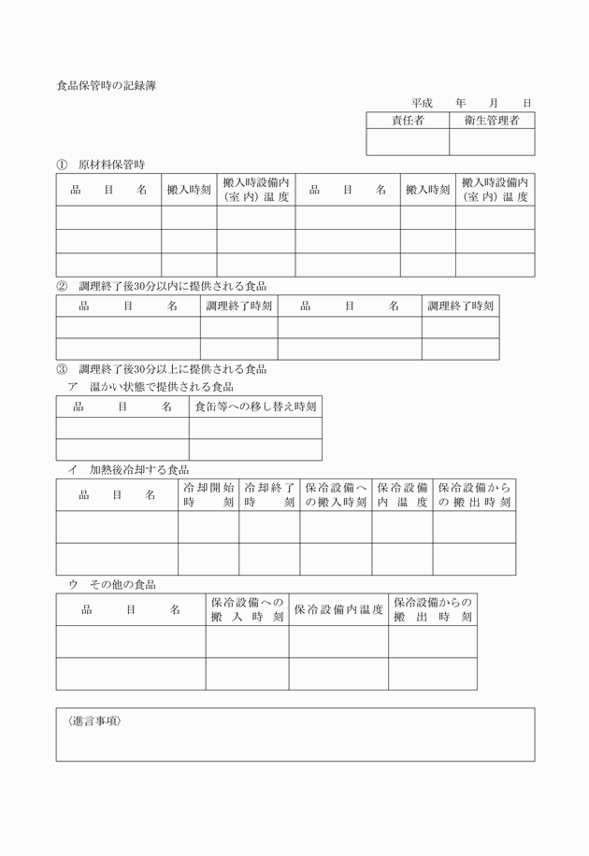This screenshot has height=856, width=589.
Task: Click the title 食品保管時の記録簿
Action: coord(106,85)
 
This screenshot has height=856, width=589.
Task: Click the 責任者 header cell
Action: coord(408,121)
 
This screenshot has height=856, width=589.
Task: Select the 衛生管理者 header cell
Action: coord(492,121)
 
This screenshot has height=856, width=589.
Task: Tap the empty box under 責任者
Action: coord(408,142)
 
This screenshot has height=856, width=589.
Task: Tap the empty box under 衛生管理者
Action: coord(492,142)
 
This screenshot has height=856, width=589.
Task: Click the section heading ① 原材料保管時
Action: coord(100,164)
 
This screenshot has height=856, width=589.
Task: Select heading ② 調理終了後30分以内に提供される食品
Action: coord(162,286)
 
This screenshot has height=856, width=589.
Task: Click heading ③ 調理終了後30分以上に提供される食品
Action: coord(162,369)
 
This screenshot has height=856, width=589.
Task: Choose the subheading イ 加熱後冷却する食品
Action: coord(128,469)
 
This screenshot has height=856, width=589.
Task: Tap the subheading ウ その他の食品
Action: coord(111,584)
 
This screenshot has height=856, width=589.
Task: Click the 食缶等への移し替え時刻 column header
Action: coord(255,407)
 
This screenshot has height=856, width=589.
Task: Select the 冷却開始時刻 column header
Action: coord(208,494)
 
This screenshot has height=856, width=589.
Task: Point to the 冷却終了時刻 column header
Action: coord(269,494)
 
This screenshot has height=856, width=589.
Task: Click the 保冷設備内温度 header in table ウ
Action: coord(338,609)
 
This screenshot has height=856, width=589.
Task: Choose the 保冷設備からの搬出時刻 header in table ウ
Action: coord(433,609)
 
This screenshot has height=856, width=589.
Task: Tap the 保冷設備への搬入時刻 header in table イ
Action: coord(336,494)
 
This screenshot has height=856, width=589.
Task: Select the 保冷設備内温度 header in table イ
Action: coord(402,494)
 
